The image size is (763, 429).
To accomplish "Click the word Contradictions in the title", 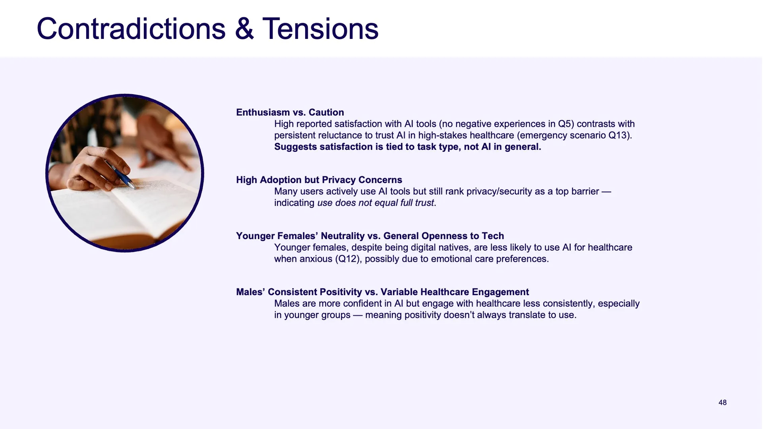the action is [x=131, y=29].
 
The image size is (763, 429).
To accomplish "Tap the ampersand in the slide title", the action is [x=244, y=29].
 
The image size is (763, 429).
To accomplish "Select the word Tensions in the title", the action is [x=320, y=29].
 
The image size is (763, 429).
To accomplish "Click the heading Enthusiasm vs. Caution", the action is [x=290, y=112].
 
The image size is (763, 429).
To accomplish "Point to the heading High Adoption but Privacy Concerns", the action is [x=319, y=180].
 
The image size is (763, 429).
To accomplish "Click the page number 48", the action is [x=722, y=402].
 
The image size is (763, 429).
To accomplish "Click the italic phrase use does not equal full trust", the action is [x=376, y=203].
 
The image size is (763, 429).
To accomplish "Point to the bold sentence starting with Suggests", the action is [x=408, y=147].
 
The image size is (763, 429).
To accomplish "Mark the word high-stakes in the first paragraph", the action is [x=443, y=135].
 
